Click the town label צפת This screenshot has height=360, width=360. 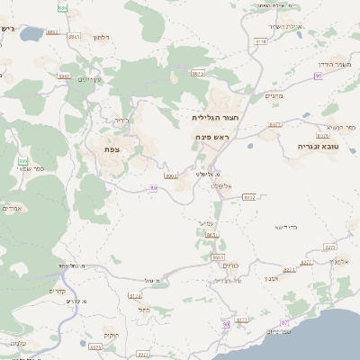tap(113, 149)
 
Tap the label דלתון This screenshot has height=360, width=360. tap(101, 37)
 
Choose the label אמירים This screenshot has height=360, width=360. tap(12, 209)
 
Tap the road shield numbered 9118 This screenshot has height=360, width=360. tap(261, 41)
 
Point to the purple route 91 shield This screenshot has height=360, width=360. tap(319, 76)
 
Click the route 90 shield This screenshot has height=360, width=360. tap(224, 324)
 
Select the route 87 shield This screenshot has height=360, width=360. tap(285, 321)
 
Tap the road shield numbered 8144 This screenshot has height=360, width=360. tap(136, 295)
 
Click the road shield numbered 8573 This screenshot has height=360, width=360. tap(199, 73)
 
